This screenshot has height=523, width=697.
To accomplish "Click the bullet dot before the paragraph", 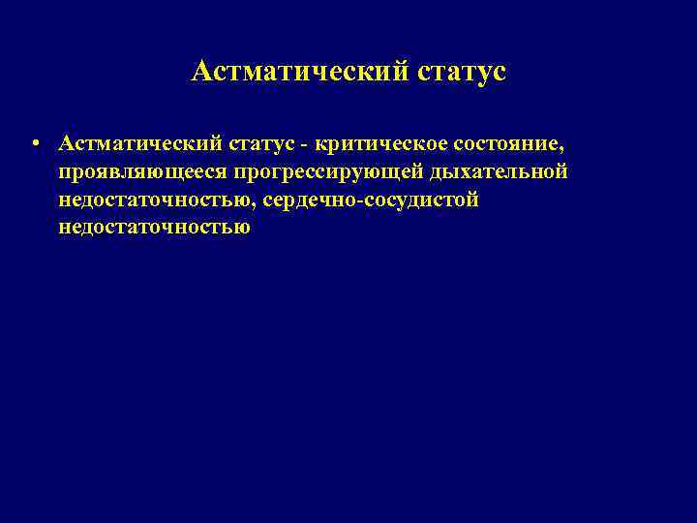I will (34, 144).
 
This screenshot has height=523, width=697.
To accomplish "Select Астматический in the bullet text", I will (139, 143).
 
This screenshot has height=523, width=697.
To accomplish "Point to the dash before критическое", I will (304, 144).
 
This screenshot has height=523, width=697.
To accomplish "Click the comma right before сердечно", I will (253, 205).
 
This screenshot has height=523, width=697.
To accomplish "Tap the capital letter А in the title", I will (202, 72).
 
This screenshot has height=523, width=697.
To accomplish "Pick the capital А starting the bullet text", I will (65, 143).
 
